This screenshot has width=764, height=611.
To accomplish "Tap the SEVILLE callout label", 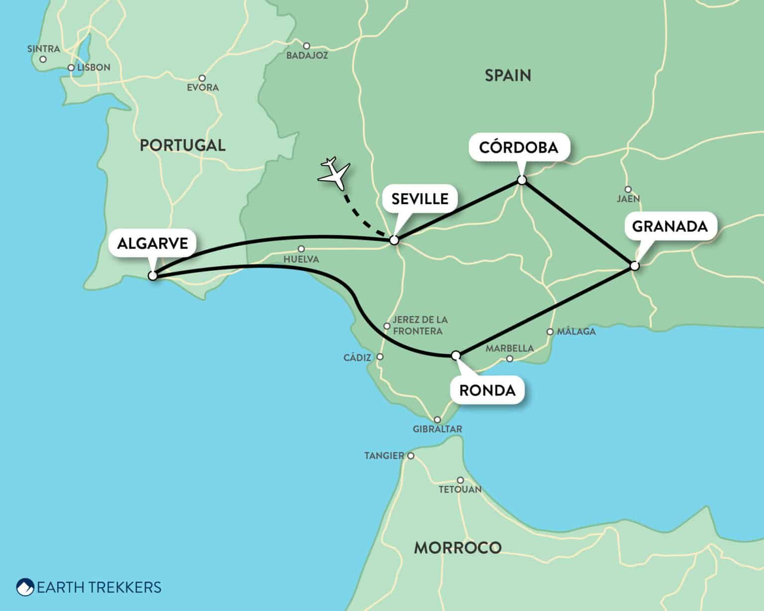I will (419, 199).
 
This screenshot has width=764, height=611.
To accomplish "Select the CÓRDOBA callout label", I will (518, 147).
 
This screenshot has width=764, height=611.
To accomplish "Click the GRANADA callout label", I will (669, 226).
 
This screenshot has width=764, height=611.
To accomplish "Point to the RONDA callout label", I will (487, 390).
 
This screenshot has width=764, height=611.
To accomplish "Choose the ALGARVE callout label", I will (152, 243).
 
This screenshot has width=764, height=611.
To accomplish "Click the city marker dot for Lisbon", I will (71, 68).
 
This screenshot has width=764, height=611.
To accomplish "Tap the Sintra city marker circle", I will (43, 59).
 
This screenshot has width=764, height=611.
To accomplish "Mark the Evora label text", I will (202, 87).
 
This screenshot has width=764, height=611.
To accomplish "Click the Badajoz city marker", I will (306, 46).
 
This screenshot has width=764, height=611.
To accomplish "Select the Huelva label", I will (301, 259).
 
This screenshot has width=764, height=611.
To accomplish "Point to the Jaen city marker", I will (628, 189).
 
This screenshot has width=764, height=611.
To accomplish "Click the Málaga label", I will (576, 332).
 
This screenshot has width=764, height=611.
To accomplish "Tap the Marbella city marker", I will (509, 358).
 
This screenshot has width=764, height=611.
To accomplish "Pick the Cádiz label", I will (357, 357).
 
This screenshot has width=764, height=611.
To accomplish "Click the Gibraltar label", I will (437, 429).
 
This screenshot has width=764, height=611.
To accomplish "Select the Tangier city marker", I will (411, 455).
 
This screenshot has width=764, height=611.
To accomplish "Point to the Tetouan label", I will (460, 490).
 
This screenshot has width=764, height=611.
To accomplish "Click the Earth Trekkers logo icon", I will (25, 587).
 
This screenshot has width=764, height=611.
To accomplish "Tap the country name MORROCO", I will (458, 548).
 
